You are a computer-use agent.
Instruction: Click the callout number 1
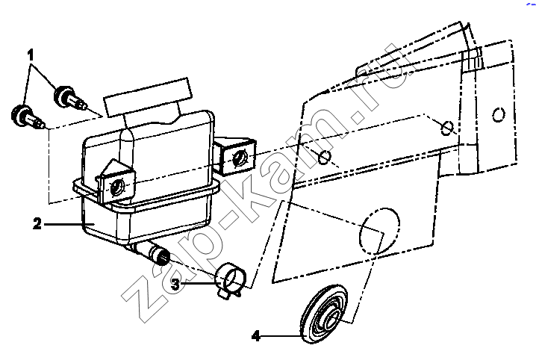click(31, 55)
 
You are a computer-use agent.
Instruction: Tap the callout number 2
click(37, 223)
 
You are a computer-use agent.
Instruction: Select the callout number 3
click(175, 284)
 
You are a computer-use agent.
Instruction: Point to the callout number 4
click(256, 336)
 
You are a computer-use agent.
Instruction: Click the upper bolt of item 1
click(69, 97)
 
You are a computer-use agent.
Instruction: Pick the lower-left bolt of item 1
click(28, 117)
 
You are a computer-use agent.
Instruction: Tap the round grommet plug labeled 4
click(323, 314)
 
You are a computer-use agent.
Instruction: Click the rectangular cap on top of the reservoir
click(147, 97)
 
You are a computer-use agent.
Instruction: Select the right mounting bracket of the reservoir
click(235, 155)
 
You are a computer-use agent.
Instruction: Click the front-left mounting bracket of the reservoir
click(116, 183)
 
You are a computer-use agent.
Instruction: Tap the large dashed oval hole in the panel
click(379, 231)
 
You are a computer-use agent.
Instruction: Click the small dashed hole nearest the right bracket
click(324, 157)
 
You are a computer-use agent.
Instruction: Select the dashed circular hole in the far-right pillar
click(499, 114)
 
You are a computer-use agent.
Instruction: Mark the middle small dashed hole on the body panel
click(447, 128)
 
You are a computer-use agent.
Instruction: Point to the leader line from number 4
click(281, 336)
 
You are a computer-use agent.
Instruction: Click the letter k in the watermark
click(254, 191)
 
